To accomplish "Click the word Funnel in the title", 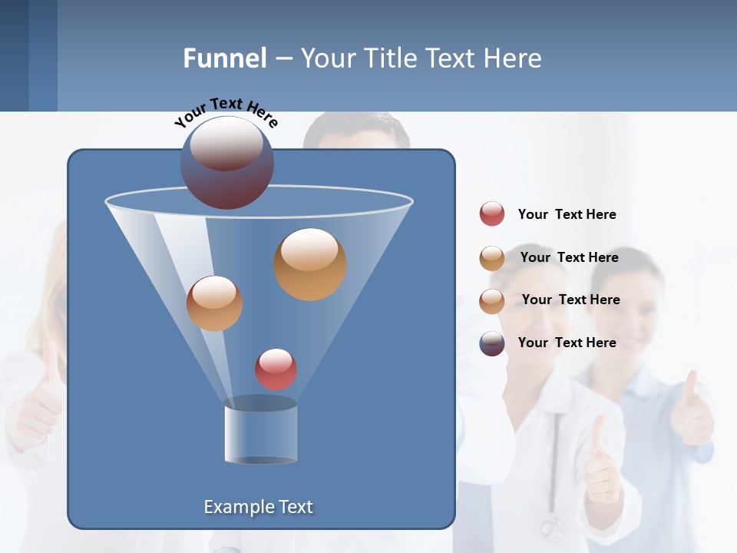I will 224,58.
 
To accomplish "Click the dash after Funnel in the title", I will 283,59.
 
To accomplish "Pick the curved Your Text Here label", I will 226,111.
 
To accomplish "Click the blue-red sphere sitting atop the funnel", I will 227,163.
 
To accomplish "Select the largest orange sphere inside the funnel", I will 309,264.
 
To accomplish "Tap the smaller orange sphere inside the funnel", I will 214,303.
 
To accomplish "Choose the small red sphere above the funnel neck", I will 276,369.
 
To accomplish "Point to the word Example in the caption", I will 233,507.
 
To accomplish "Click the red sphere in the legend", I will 492,214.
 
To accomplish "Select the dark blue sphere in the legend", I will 492,343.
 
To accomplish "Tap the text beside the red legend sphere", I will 567,214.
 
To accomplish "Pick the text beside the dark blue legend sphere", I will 567,343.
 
